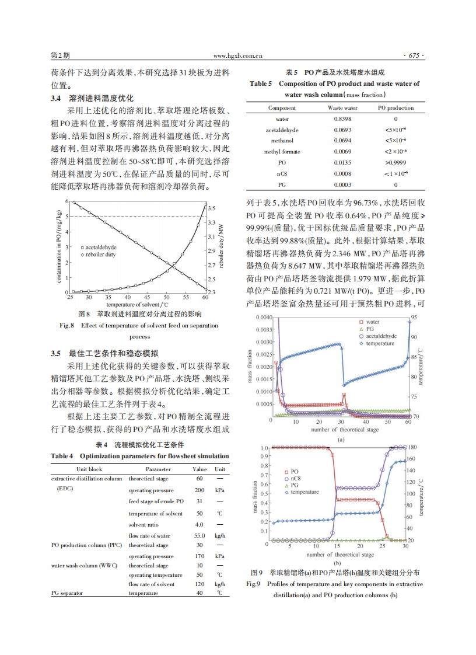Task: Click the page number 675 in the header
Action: pyautogui.click(x=414, y=56)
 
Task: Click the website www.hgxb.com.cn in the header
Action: pyautogui.click(x=237, y=56)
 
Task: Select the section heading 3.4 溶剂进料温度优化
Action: pyautogui.click(x=92, y=97)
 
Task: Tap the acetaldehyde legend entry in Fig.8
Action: pyautogui.click(x=103, y=248)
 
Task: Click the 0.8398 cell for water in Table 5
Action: pyautogui.click(x=342, y=119)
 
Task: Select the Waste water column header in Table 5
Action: pyautogui.click(x=342, y=108)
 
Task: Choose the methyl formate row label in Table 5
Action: pyautogui.click(x=282, y=152)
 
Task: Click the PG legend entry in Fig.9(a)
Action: pyautogui.click(x=370, y=329)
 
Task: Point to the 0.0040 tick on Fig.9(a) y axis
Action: pyautogui.click(x=263, y=318)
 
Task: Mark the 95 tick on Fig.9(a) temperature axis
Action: pyautogui.click(x=414, y=318)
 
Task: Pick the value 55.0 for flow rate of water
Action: pyautogui.click(x=199, y=535)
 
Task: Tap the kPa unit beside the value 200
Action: pyautogui.click(x=220, y=490)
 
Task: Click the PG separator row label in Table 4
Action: pyautogui.click(x=67, y=593)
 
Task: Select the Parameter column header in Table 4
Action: pyautogui.click(x=158, y=469)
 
